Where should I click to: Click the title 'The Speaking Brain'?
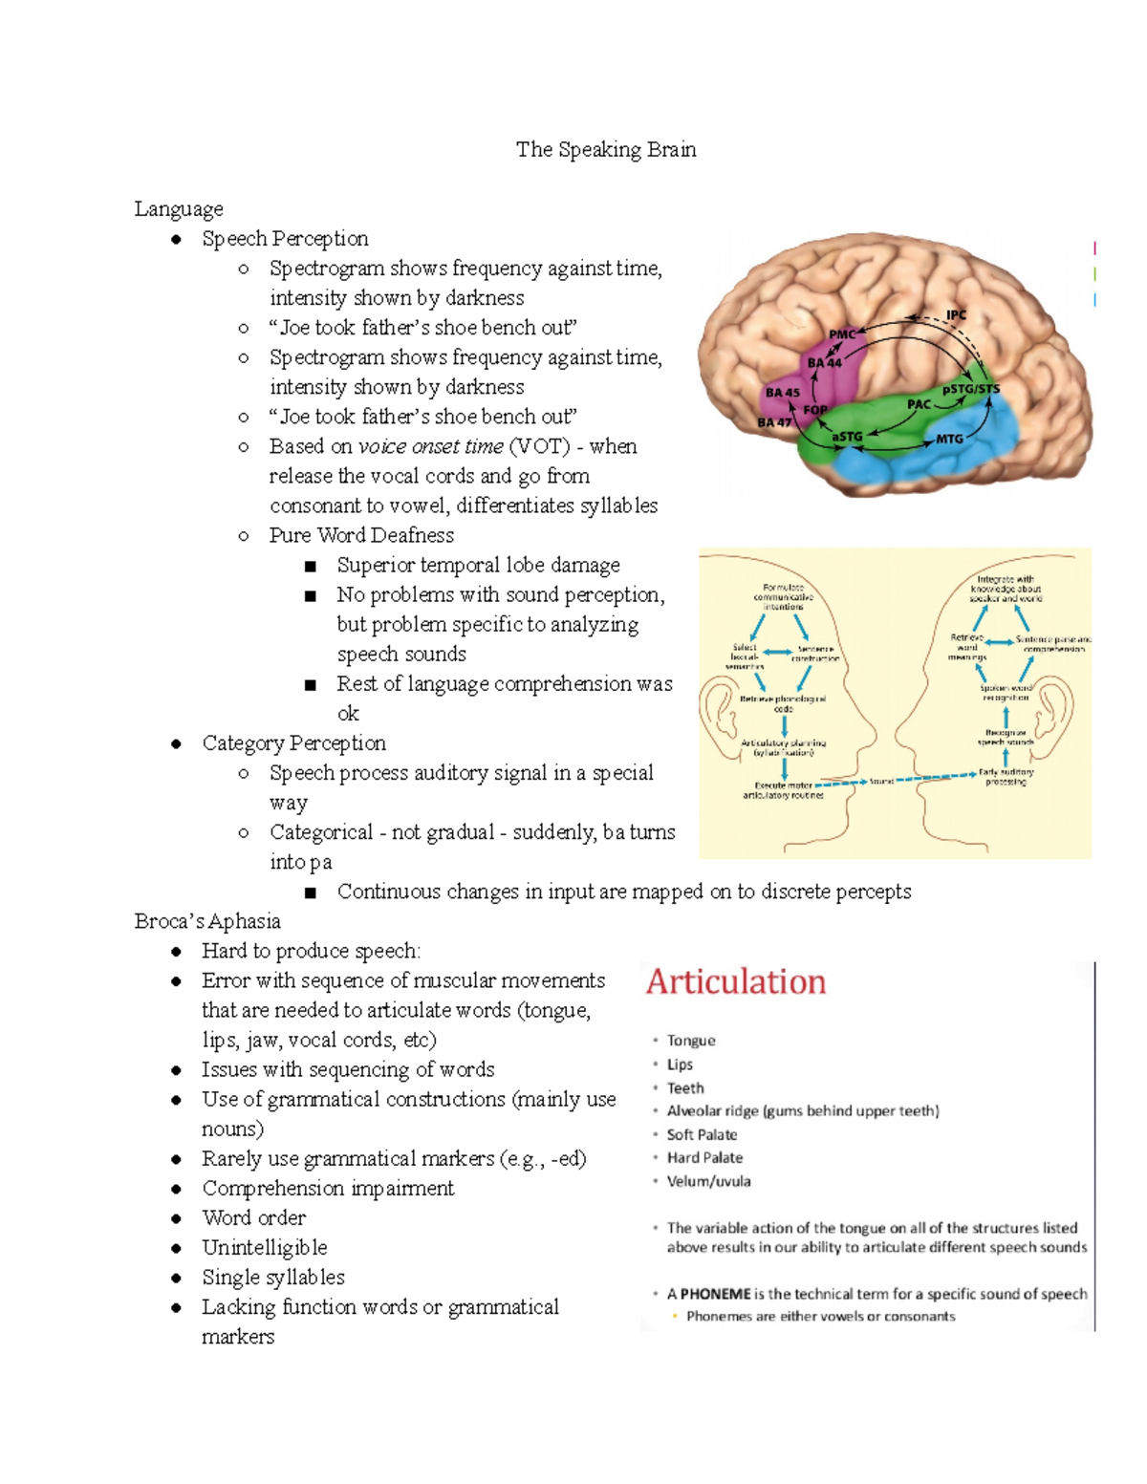pyautogui.click(x=606, y=150)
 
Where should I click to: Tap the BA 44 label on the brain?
pyautogui.click(x=824, y=363)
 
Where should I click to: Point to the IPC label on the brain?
pyautogui.click(x=956, y=315)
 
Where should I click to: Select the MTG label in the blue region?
pyautogui.click(x=949, y=439)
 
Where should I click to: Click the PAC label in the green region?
pyautogui.click(x=919, y=404)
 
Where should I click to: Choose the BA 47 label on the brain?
pyautogui.click(x=774, y=422)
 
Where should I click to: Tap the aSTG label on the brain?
pyautogui.click(x=847, y=437)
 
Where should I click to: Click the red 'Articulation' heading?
pyautogui.click(x=736, y=981)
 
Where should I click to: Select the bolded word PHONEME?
pyautogui.click(x=715, y=1294)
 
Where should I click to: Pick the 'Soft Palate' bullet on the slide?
pyautogui.click(x=702, y=1134)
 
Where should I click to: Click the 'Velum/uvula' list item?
pyautogui.click(x=708, y=1181)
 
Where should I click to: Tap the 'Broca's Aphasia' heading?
pyautogui.click(x=207, y=921)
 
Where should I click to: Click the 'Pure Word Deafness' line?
pyautogui.click(x=361, y=535)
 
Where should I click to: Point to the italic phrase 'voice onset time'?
pyautogui.click(x=430, y=446)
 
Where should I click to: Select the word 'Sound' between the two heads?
pyautogui.click(x=881, y=782)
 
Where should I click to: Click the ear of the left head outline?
pyautogui.click(x=716, y=712)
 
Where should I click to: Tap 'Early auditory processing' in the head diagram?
pyautogui.click(x=1006, y=776)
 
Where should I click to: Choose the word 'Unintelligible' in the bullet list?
pyautogui.click(x=265, y=1248)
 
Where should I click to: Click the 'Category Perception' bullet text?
pyautogui.click(x=293, y=743)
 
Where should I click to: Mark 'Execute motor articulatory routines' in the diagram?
pyautogui.click(x=783, y=790)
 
